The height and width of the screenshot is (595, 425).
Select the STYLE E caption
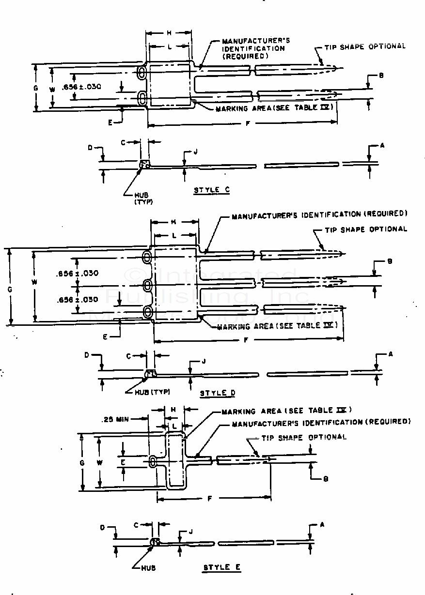222,567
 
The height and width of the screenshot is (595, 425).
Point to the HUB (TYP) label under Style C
143,198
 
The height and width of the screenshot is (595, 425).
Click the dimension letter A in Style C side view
382,145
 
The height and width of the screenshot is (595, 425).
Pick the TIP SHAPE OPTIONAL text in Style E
304,437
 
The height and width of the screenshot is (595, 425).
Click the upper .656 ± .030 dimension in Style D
77,274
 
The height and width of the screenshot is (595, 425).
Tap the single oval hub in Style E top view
153,462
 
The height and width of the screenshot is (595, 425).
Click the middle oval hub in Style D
147,285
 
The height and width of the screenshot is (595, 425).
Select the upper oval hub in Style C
142,73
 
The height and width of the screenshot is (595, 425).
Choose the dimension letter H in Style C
169,33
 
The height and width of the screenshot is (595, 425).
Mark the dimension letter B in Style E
326,479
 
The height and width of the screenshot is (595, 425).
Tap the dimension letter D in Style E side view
103,527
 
